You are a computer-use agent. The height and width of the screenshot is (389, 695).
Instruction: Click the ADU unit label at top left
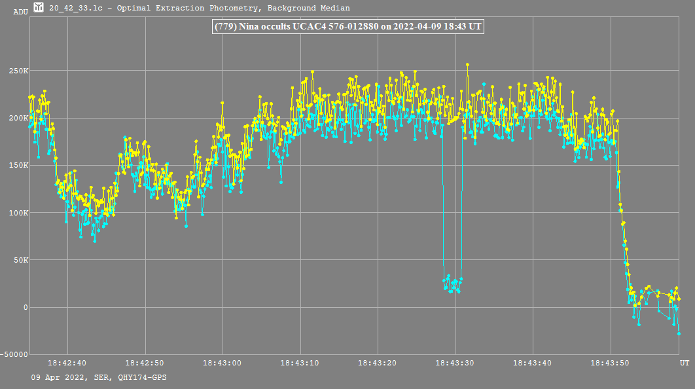tap(20, 12)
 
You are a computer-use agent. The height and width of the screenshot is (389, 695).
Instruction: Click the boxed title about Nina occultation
tap(347, 27)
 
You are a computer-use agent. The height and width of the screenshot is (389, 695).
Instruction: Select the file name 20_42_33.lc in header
tap(75, 8)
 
